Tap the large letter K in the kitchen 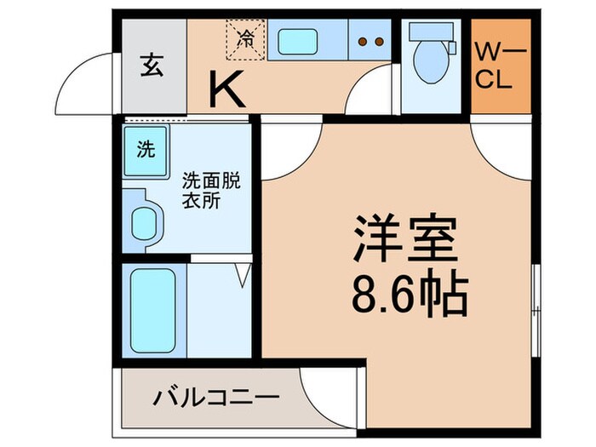coord(227,89)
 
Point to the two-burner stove coord(368,41)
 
